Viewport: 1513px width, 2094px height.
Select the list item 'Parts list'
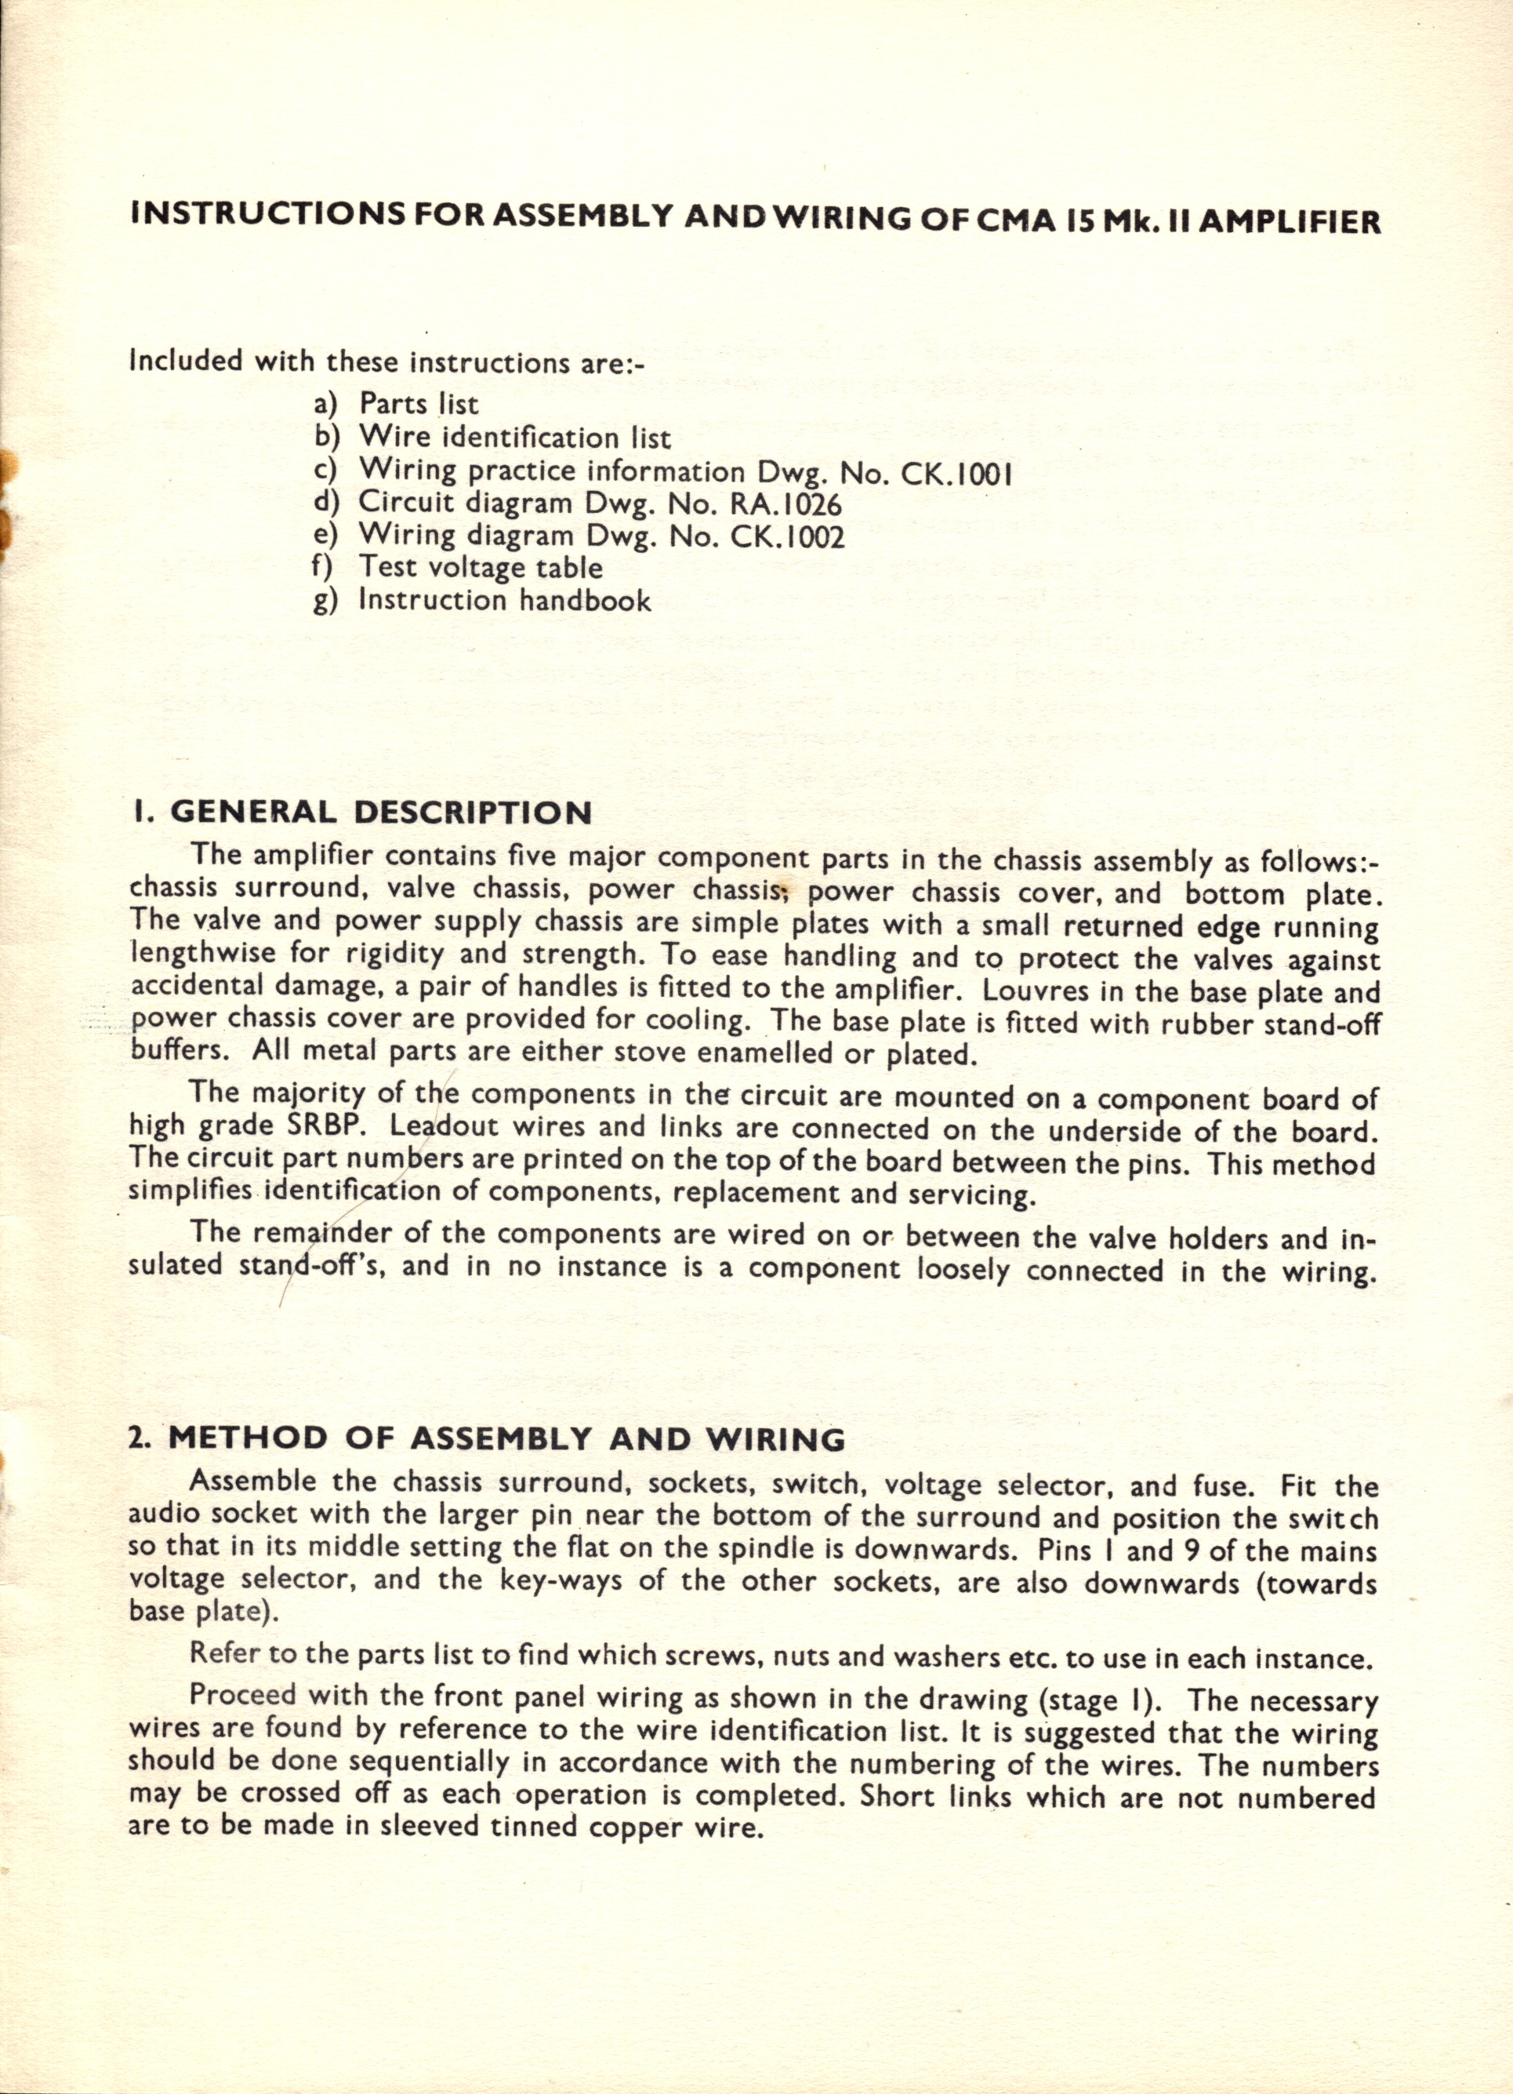pos(418,405)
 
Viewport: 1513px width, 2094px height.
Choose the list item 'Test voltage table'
pos(480,568)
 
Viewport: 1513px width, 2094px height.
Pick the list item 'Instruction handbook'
pos(504,600)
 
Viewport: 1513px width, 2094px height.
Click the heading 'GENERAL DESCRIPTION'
pos(380,813)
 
